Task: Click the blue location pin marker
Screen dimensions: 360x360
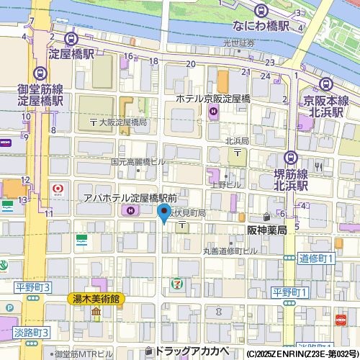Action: pos(163,213)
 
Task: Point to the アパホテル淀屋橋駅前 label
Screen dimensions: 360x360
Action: pos(130,197)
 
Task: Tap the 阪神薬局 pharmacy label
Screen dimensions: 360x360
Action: pos(267,230)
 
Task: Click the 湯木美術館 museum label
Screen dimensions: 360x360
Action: pos(96,298)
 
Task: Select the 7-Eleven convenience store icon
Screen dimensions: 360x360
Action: pos(176,283)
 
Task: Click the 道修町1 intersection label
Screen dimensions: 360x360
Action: pos(317,258)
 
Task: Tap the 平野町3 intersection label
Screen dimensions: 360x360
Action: pos(33,287)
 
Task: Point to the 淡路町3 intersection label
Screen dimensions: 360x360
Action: pos(30,332)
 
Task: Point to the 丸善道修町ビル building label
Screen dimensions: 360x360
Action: pos(229,251)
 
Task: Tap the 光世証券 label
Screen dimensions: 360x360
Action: pos(238,43)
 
